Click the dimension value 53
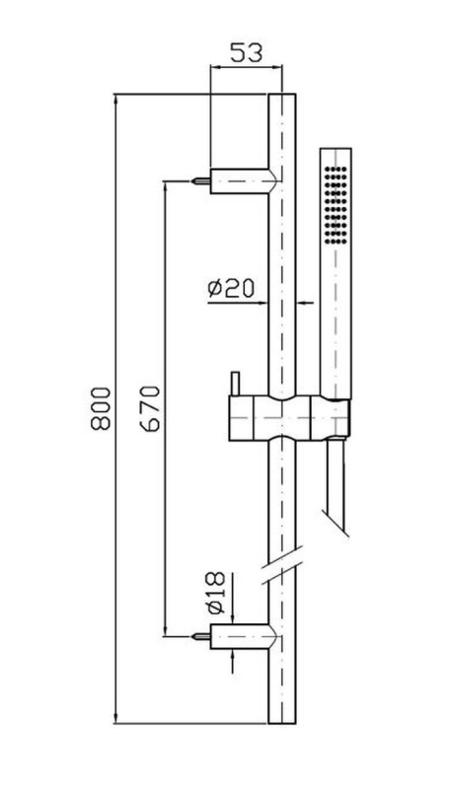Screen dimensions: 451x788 pos(247,52)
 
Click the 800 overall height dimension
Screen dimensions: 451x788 pos(101,408)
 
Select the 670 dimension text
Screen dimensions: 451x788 pos(151,408)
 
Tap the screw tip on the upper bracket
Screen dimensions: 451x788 pos(193,180)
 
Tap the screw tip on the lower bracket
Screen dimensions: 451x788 pos(193,636)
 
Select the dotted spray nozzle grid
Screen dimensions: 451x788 pos(336,204)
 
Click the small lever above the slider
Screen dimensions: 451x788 pos(234,384)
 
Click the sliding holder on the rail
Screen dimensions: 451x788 pos(289,418)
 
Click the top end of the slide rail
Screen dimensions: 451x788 pos(282,95)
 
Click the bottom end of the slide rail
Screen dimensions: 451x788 pos(282,723)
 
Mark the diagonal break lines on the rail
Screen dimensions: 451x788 pos(282,565)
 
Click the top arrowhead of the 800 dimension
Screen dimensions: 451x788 pos(116,100)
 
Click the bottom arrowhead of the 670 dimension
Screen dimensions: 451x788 pos(166,630)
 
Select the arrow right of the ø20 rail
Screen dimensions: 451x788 pos(305,303)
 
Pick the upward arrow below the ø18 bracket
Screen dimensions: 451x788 pos(232,661)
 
